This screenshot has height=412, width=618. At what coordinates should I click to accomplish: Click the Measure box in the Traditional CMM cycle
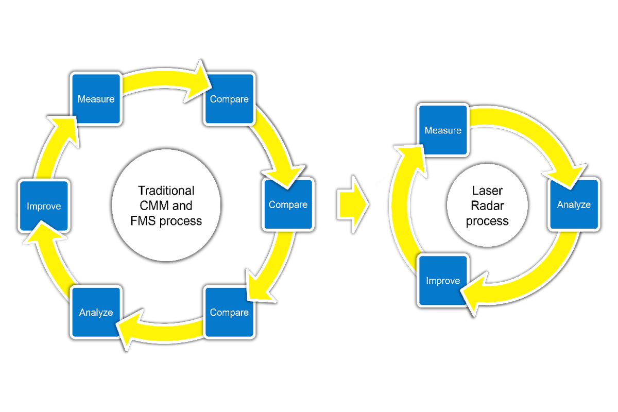tap(96, 99)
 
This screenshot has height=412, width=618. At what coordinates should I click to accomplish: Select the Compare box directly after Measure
tap(229, 99)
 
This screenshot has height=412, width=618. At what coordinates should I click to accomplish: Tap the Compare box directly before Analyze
tap(229, 313)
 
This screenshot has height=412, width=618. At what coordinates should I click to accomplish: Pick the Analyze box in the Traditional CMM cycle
tap(96, 313)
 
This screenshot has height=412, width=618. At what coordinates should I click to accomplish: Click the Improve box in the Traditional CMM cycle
tap(43, 206)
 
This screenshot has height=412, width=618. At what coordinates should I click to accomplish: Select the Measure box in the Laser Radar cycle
tap(442, 130)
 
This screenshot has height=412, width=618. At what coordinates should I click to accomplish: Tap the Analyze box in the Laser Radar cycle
tap(574, 204)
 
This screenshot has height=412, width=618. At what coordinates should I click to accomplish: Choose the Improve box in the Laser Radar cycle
tap(442, 281)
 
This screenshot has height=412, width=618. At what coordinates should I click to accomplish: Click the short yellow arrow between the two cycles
tap(353, 204)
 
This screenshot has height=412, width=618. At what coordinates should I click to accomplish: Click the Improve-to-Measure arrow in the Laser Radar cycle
tap(399, 206)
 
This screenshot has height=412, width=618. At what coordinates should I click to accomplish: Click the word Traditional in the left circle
tap(166, 190)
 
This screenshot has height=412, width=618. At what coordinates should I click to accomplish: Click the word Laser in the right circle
tap(487, 191)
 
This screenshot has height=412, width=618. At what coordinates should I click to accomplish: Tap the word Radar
tap(487, 206)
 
